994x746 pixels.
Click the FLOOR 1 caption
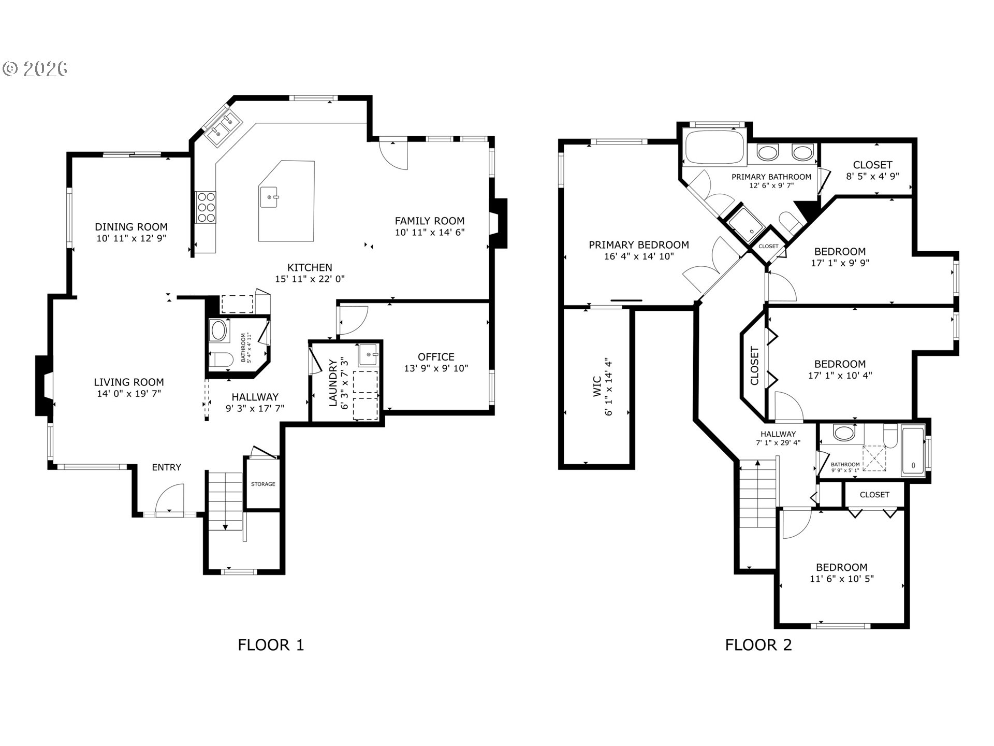(271, 645)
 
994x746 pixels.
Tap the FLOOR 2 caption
(758, 645)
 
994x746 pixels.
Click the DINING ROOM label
(131, 227)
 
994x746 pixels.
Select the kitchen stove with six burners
(205, 207)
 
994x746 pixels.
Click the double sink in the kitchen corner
(223, 127)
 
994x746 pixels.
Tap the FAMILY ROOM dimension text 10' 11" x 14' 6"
(430, 233)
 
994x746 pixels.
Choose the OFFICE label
(436, 357)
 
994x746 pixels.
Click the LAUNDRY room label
(333, 382)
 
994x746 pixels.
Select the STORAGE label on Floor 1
(263, 484)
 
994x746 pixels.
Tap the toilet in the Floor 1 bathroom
(222, 360)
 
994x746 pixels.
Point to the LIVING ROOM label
(129, 382)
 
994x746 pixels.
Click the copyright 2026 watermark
(36, 69)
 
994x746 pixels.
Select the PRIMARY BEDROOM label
(639, 245)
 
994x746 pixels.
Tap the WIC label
(597, 386)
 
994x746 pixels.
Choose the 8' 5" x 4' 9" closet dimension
(873, 176)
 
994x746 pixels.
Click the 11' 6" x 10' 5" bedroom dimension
(842, 579)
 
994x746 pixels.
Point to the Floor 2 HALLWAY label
(778, 434)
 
